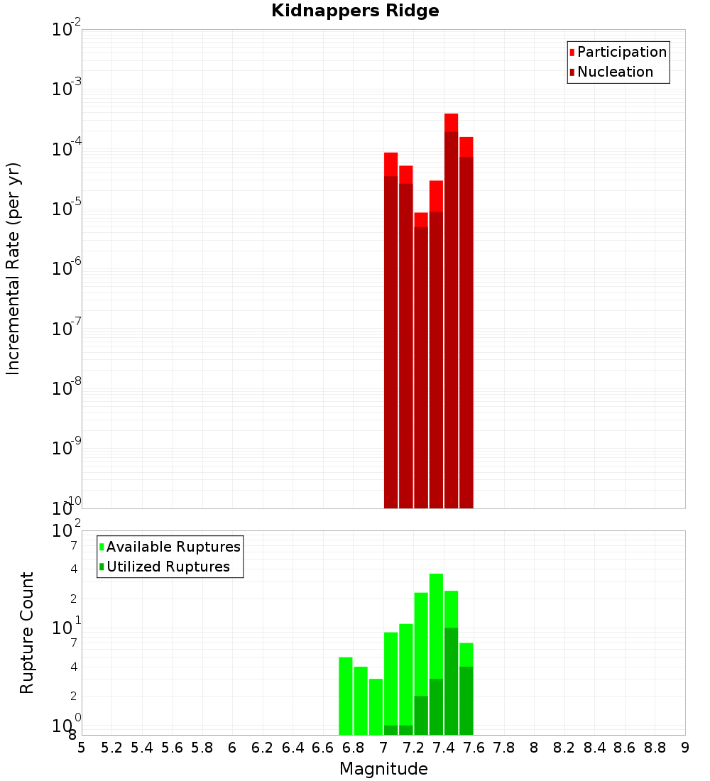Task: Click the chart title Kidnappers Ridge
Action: [355, 11]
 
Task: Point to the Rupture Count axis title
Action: [27, 632]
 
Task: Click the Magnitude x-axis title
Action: [383, 769]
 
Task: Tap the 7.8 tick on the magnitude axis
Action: [504, 748]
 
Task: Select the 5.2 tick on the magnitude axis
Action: [111, 748]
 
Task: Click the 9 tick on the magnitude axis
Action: [685, 748]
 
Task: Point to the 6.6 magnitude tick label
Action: [323, 748]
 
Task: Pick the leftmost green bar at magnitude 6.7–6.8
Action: [346, 696]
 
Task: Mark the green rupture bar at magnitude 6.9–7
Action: [376, 706]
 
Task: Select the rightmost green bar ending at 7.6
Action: [466, 689]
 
